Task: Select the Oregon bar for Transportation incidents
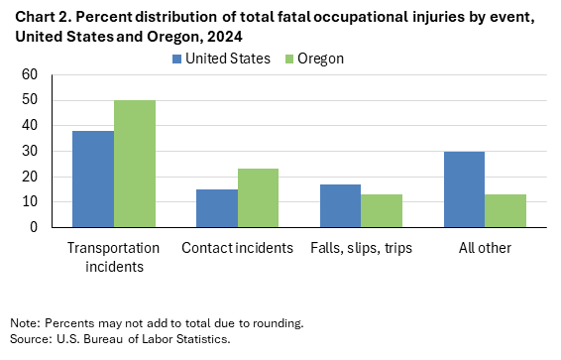coord(135,164)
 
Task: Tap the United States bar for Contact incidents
coord(216,208)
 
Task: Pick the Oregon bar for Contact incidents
coord(258,197)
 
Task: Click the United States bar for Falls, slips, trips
coord(340,205)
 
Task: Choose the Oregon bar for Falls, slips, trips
coord(382,210)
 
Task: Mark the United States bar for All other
coord(464,188)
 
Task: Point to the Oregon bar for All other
coord(505,210)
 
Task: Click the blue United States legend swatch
coord(174,59)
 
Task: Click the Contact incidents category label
coord(237,247)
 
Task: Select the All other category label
coord(485,247)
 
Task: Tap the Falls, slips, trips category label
coord(361,247)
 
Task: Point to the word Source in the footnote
coord(29,339)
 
